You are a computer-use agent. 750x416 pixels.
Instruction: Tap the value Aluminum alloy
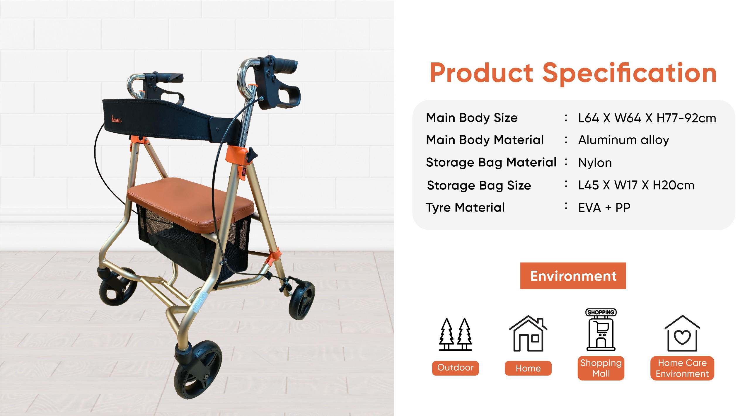click(623, 140)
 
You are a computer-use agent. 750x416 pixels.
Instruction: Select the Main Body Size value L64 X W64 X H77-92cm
click(647, 118)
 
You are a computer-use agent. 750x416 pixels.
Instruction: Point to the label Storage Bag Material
click(491, 163)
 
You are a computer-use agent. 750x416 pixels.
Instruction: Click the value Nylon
click(595, 163)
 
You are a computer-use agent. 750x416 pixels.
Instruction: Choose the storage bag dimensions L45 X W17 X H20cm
click(636, 185)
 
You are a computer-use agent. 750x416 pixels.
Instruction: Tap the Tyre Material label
click(465, 208)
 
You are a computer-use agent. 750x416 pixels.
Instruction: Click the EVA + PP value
click(604, 208)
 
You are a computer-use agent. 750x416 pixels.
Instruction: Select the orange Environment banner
click(573, 276)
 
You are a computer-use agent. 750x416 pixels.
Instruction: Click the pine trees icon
click(455, 334)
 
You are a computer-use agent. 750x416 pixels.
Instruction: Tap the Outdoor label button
click(455, 368)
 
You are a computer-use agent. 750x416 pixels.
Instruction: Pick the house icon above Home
click(528, 333)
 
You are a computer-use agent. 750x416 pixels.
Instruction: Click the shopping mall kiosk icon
click(601, 329)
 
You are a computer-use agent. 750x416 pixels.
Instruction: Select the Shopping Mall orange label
click(601, 368)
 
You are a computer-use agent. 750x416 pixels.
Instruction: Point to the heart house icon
click(682, 333)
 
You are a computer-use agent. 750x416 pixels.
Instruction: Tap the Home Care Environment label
click(682, 368)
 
